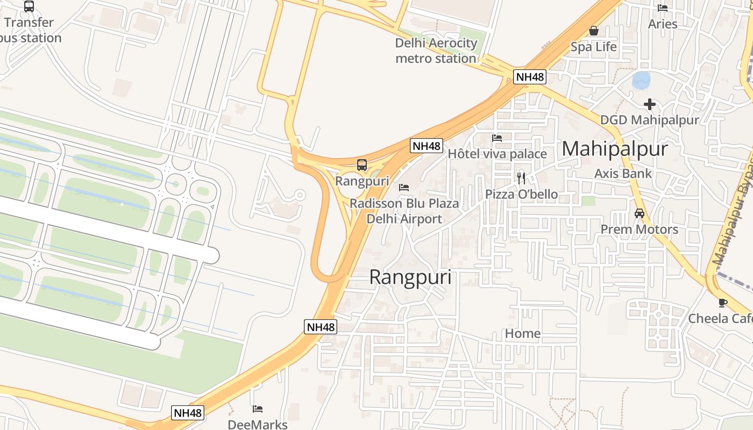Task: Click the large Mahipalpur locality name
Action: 615,149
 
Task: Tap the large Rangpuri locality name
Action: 410,277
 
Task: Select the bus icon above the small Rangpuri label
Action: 362,165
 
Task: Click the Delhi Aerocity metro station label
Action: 436,51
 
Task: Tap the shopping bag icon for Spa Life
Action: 594,31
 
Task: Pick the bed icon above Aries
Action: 663,8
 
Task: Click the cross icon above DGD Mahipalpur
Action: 650,104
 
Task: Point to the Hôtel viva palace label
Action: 497,154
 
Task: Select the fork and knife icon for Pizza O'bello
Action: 521,178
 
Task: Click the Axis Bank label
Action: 623,174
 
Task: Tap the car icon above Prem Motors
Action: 639,213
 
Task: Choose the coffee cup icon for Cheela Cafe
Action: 723,303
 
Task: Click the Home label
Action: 522,334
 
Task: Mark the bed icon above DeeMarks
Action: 258,409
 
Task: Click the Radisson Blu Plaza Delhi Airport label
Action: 404,211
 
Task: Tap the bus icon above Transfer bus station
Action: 29,6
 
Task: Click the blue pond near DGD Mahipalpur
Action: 641,81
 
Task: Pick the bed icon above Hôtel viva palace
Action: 497,138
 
